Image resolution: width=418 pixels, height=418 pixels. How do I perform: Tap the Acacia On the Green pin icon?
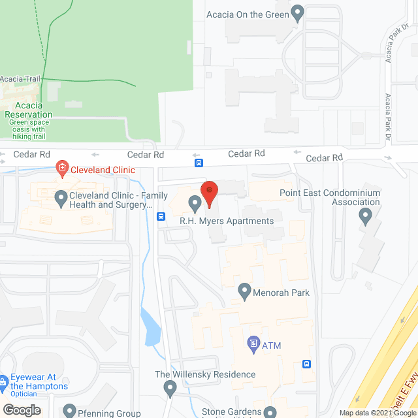tap(298, 12)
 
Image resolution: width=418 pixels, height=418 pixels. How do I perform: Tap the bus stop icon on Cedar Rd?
tap(199, 162)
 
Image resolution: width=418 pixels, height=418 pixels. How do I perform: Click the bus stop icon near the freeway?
tap(306, 364)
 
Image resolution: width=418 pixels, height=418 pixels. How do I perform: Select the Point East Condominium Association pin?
tap(366, 216)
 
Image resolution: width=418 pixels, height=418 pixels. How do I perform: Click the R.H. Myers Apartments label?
tap(227, 221)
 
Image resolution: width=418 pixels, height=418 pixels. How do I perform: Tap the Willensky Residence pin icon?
tap(170, 389)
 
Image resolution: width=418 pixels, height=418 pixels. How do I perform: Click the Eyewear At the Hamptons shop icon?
tap(3, 381)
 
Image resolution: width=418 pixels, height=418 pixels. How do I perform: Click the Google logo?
tap(22, 410)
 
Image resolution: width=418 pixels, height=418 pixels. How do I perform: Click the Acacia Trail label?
tap(20, 80)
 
